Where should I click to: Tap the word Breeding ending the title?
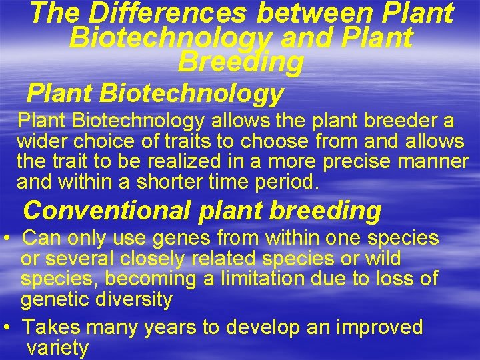click(241, 62)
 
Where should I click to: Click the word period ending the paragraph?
click(289, 181)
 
